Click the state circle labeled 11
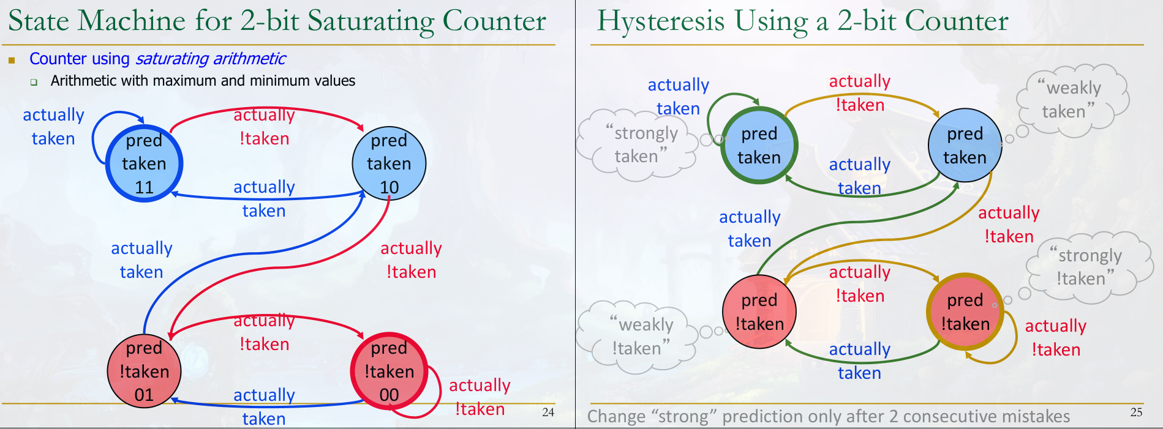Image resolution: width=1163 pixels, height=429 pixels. (144, 163)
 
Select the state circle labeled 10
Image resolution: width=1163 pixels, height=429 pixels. (389, 163)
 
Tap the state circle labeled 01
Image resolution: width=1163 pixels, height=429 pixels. (144, 371)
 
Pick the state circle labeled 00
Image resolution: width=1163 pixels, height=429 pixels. (389, 371)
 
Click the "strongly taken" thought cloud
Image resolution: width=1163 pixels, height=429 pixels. (638, 145)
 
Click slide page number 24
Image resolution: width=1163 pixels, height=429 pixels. (548, 412)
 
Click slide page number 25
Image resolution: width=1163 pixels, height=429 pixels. (1136, 412)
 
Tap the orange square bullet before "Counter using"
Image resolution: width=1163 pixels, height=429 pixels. (12, 60)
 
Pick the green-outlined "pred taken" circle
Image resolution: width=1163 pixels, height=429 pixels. (759, 146)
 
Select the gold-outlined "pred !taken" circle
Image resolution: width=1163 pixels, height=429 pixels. (965, 311)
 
